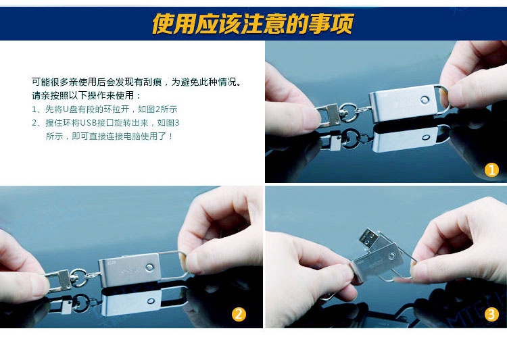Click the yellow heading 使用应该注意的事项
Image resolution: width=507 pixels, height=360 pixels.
pos(253,24)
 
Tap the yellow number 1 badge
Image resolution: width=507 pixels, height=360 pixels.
pos(491,170)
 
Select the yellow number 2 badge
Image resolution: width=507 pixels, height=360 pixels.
pos(239,314)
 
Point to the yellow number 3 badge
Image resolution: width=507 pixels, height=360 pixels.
pos(491,314)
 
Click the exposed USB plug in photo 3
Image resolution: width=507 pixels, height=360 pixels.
pos(368,238)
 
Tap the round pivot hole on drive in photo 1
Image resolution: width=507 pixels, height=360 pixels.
pos(425,99)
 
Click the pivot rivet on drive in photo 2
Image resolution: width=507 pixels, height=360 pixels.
pos(149,267)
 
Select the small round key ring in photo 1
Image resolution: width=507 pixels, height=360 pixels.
pos(347,112)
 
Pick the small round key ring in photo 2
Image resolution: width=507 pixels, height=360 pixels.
pos(78,278)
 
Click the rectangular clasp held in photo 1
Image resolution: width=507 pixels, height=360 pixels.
pos(328,115)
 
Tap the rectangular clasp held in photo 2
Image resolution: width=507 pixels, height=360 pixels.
pos(59,280)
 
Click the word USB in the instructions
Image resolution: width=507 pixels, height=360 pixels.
pos(89,123)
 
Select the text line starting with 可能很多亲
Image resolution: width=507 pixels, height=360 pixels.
pos(137,82)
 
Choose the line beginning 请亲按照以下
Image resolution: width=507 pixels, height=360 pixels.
pos(87,95)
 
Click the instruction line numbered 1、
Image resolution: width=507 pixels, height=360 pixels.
pos(104,109)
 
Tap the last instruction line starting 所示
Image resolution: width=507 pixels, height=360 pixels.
pos(110,136)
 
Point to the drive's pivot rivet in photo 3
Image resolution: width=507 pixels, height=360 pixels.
pos(392,257)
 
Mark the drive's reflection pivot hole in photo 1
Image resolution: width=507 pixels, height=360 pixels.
pos(426,137)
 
